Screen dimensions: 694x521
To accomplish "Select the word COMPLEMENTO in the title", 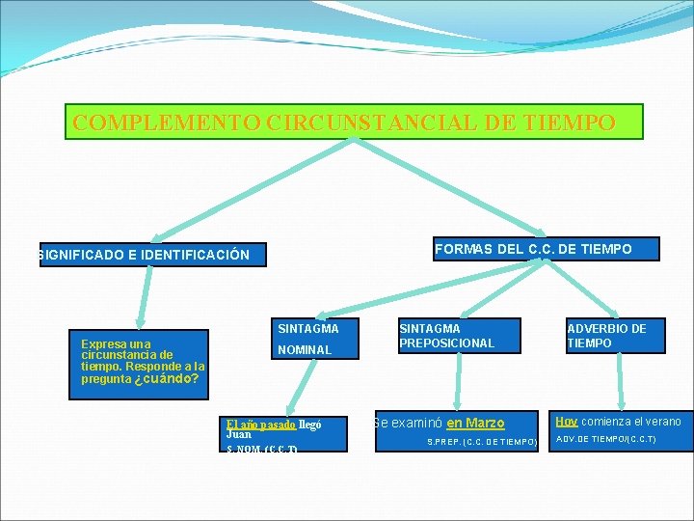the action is click(165, 123).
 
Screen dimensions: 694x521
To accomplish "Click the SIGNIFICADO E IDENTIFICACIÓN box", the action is click(145, 255).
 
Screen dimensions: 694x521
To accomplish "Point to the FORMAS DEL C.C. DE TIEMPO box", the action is click(533, 249).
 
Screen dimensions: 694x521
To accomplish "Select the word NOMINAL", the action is click(304, 349).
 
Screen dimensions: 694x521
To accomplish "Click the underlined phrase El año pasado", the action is click(261, 424).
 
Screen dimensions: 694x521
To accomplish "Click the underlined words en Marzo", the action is click(475, 423).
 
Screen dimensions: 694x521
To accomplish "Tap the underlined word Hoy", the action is click(566, 421).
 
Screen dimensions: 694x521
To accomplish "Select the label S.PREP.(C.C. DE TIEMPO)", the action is click(482, 442).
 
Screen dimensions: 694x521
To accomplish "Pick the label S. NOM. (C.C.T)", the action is click(261, 450).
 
